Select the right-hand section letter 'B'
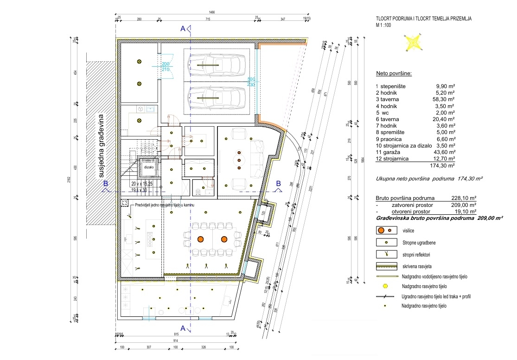pyautogui.click(x=278, y=183)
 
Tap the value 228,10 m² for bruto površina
pyautogui.click(x=464, y=197)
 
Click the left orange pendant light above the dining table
pyautogui.click(x=201, y=239)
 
